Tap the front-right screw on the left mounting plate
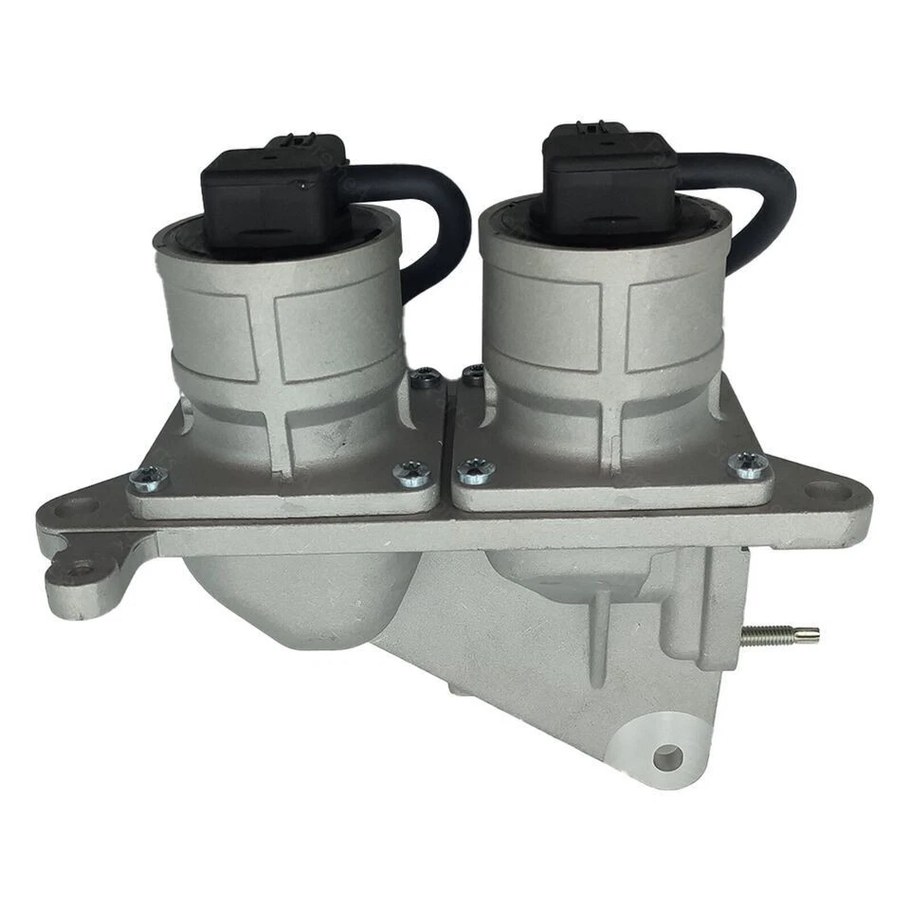[412, 473]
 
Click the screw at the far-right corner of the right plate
[749, 464]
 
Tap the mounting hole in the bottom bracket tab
[667, 756]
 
